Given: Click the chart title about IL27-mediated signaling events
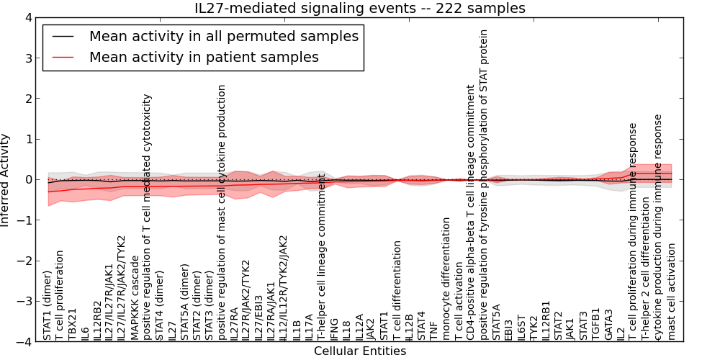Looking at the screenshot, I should point(360,8).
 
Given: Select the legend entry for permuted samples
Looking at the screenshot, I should point(223,36).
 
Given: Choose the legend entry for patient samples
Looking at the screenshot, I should point(204,57).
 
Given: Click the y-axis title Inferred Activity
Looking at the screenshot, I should point(6,180).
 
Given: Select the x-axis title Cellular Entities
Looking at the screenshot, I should point(360,351).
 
